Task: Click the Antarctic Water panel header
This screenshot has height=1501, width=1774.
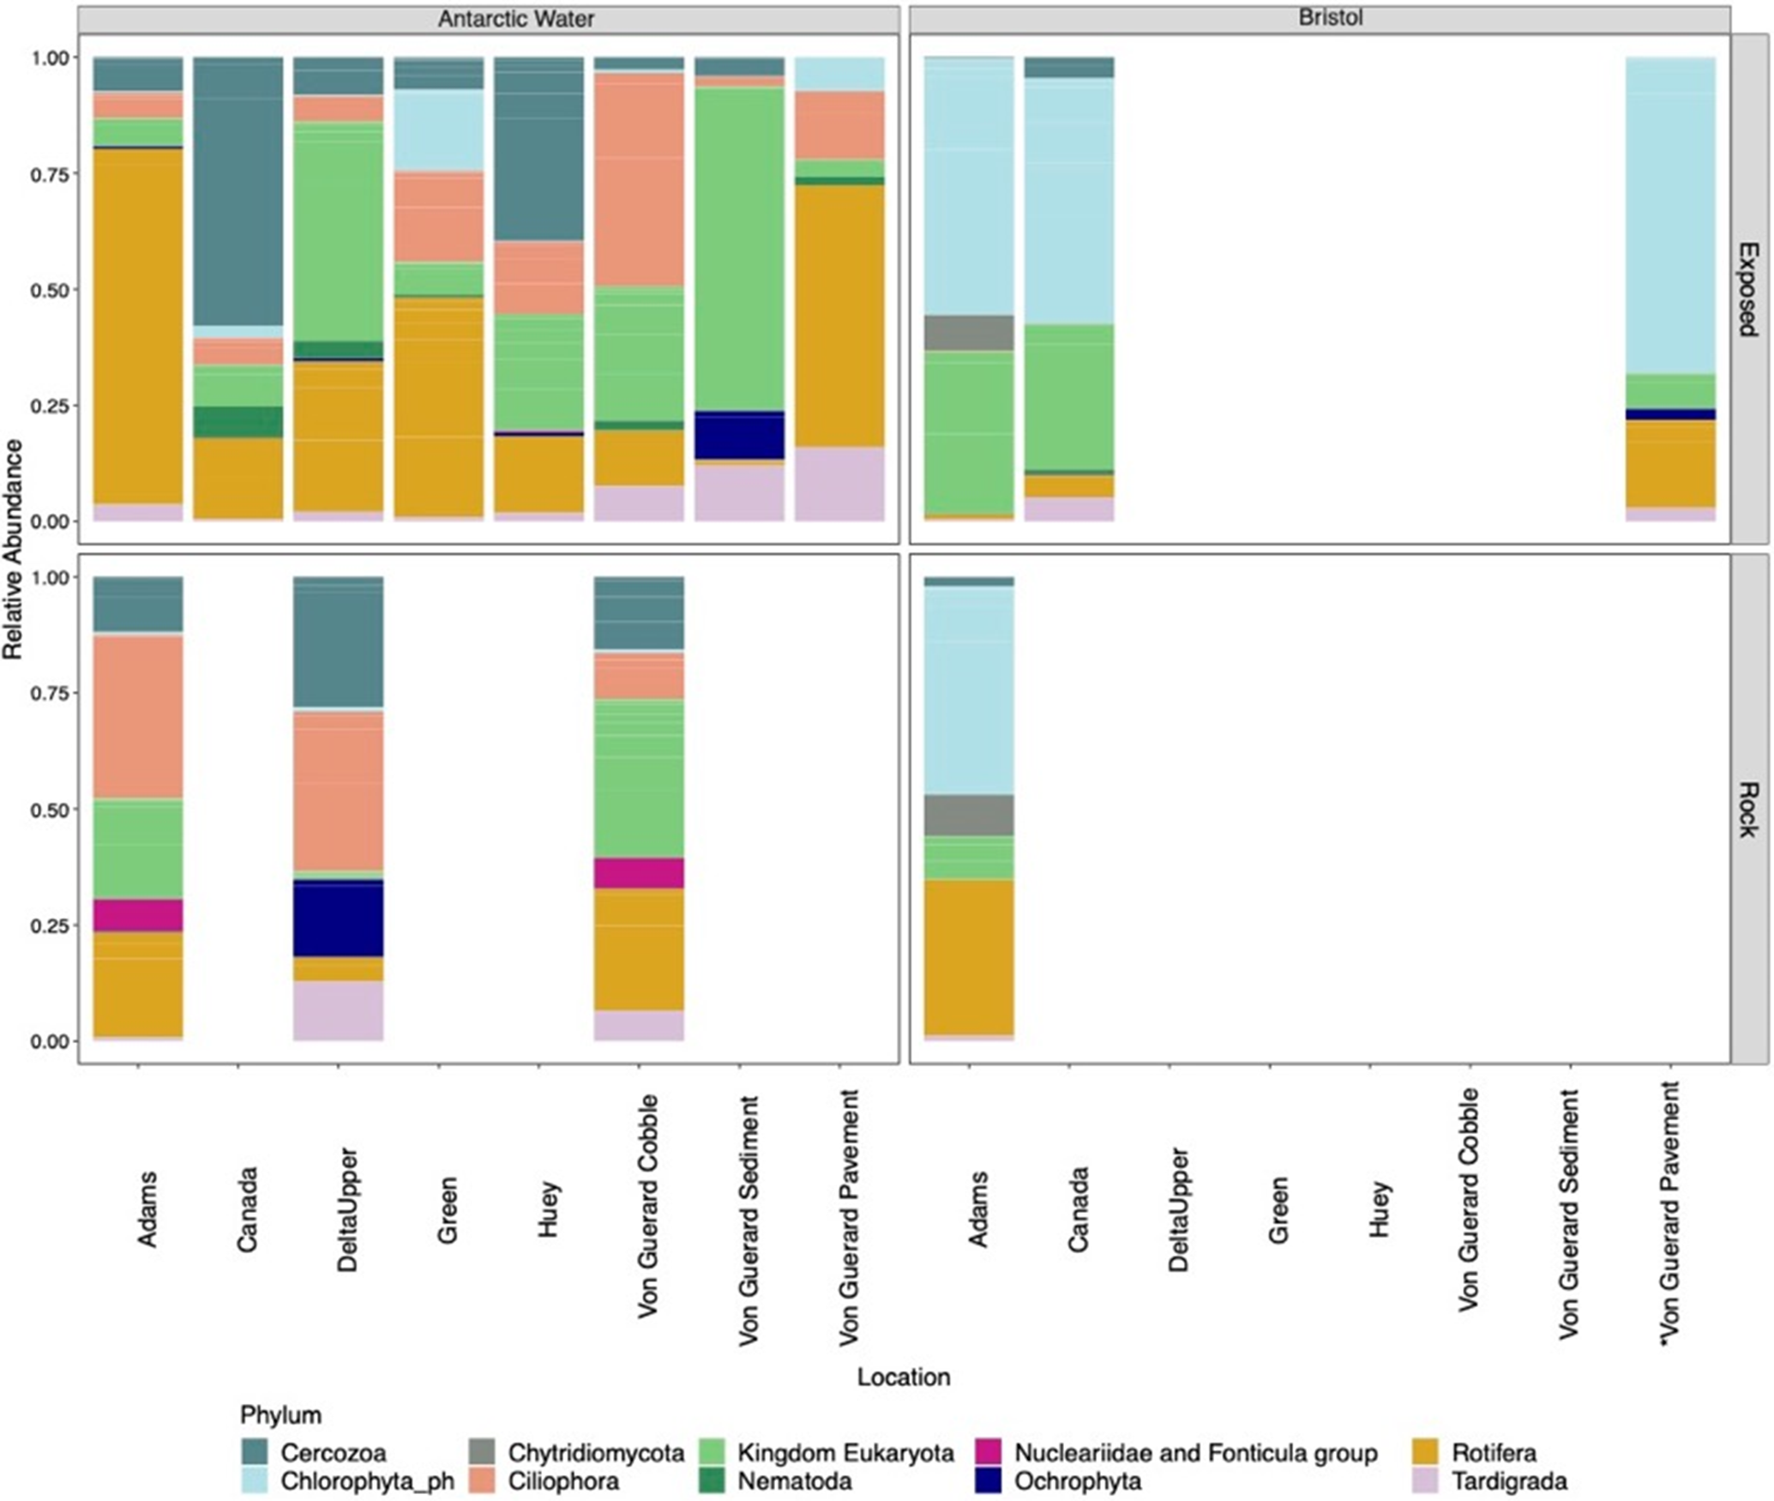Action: coord(515,18)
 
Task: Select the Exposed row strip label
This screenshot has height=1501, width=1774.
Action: coord(1747,289)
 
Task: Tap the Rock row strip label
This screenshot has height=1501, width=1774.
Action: coord(1747,809)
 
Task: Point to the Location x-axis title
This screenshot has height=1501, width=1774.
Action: coord(904,1377)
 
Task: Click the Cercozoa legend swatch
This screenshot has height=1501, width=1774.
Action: coord(256,1452)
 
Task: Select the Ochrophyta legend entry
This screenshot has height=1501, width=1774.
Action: coord(1059,1481)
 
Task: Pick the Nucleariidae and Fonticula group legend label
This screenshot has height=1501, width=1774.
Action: coord(1196,1452)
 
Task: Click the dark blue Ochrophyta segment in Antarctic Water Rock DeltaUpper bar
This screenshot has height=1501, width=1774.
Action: coord(338,918)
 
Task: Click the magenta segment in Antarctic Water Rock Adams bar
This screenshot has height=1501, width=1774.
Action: coord(138,915)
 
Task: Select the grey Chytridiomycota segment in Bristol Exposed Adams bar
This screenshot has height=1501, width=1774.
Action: coord(969,333)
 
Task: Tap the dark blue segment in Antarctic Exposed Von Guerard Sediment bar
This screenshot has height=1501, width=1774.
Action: coord(739,436)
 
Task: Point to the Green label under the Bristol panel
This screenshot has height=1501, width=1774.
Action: coord(1278,1209)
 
